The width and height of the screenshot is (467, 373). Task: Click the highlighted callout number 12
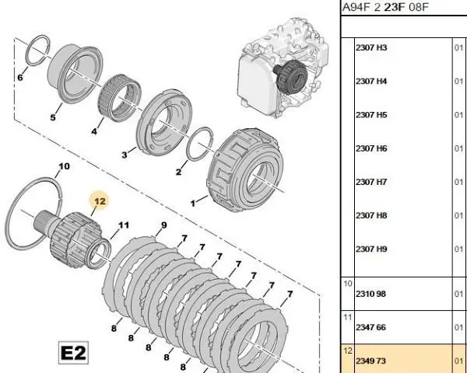coord(100,201)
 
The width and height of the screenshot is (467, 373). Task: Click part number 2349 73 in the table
coord(370,361)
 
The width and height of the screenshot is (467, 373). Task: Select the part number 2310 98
coord(370,294)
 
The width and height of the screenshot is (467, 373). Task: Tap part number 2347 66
coord(370,327)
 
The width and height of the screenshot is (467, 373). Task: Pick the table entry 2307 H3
coord(370,47)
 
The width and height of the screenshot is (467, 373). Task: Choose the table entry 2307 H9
coord(370,249)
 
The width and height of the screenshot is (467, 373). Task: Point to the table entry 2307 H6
coord(370,148)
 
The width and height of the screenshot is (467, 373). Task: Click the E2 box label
coord(73,353)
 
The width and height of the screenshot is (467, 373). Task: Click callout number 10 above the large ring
coord(64,166)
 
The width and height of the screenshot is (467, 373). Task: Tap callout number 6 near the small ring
coord(20,78)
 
